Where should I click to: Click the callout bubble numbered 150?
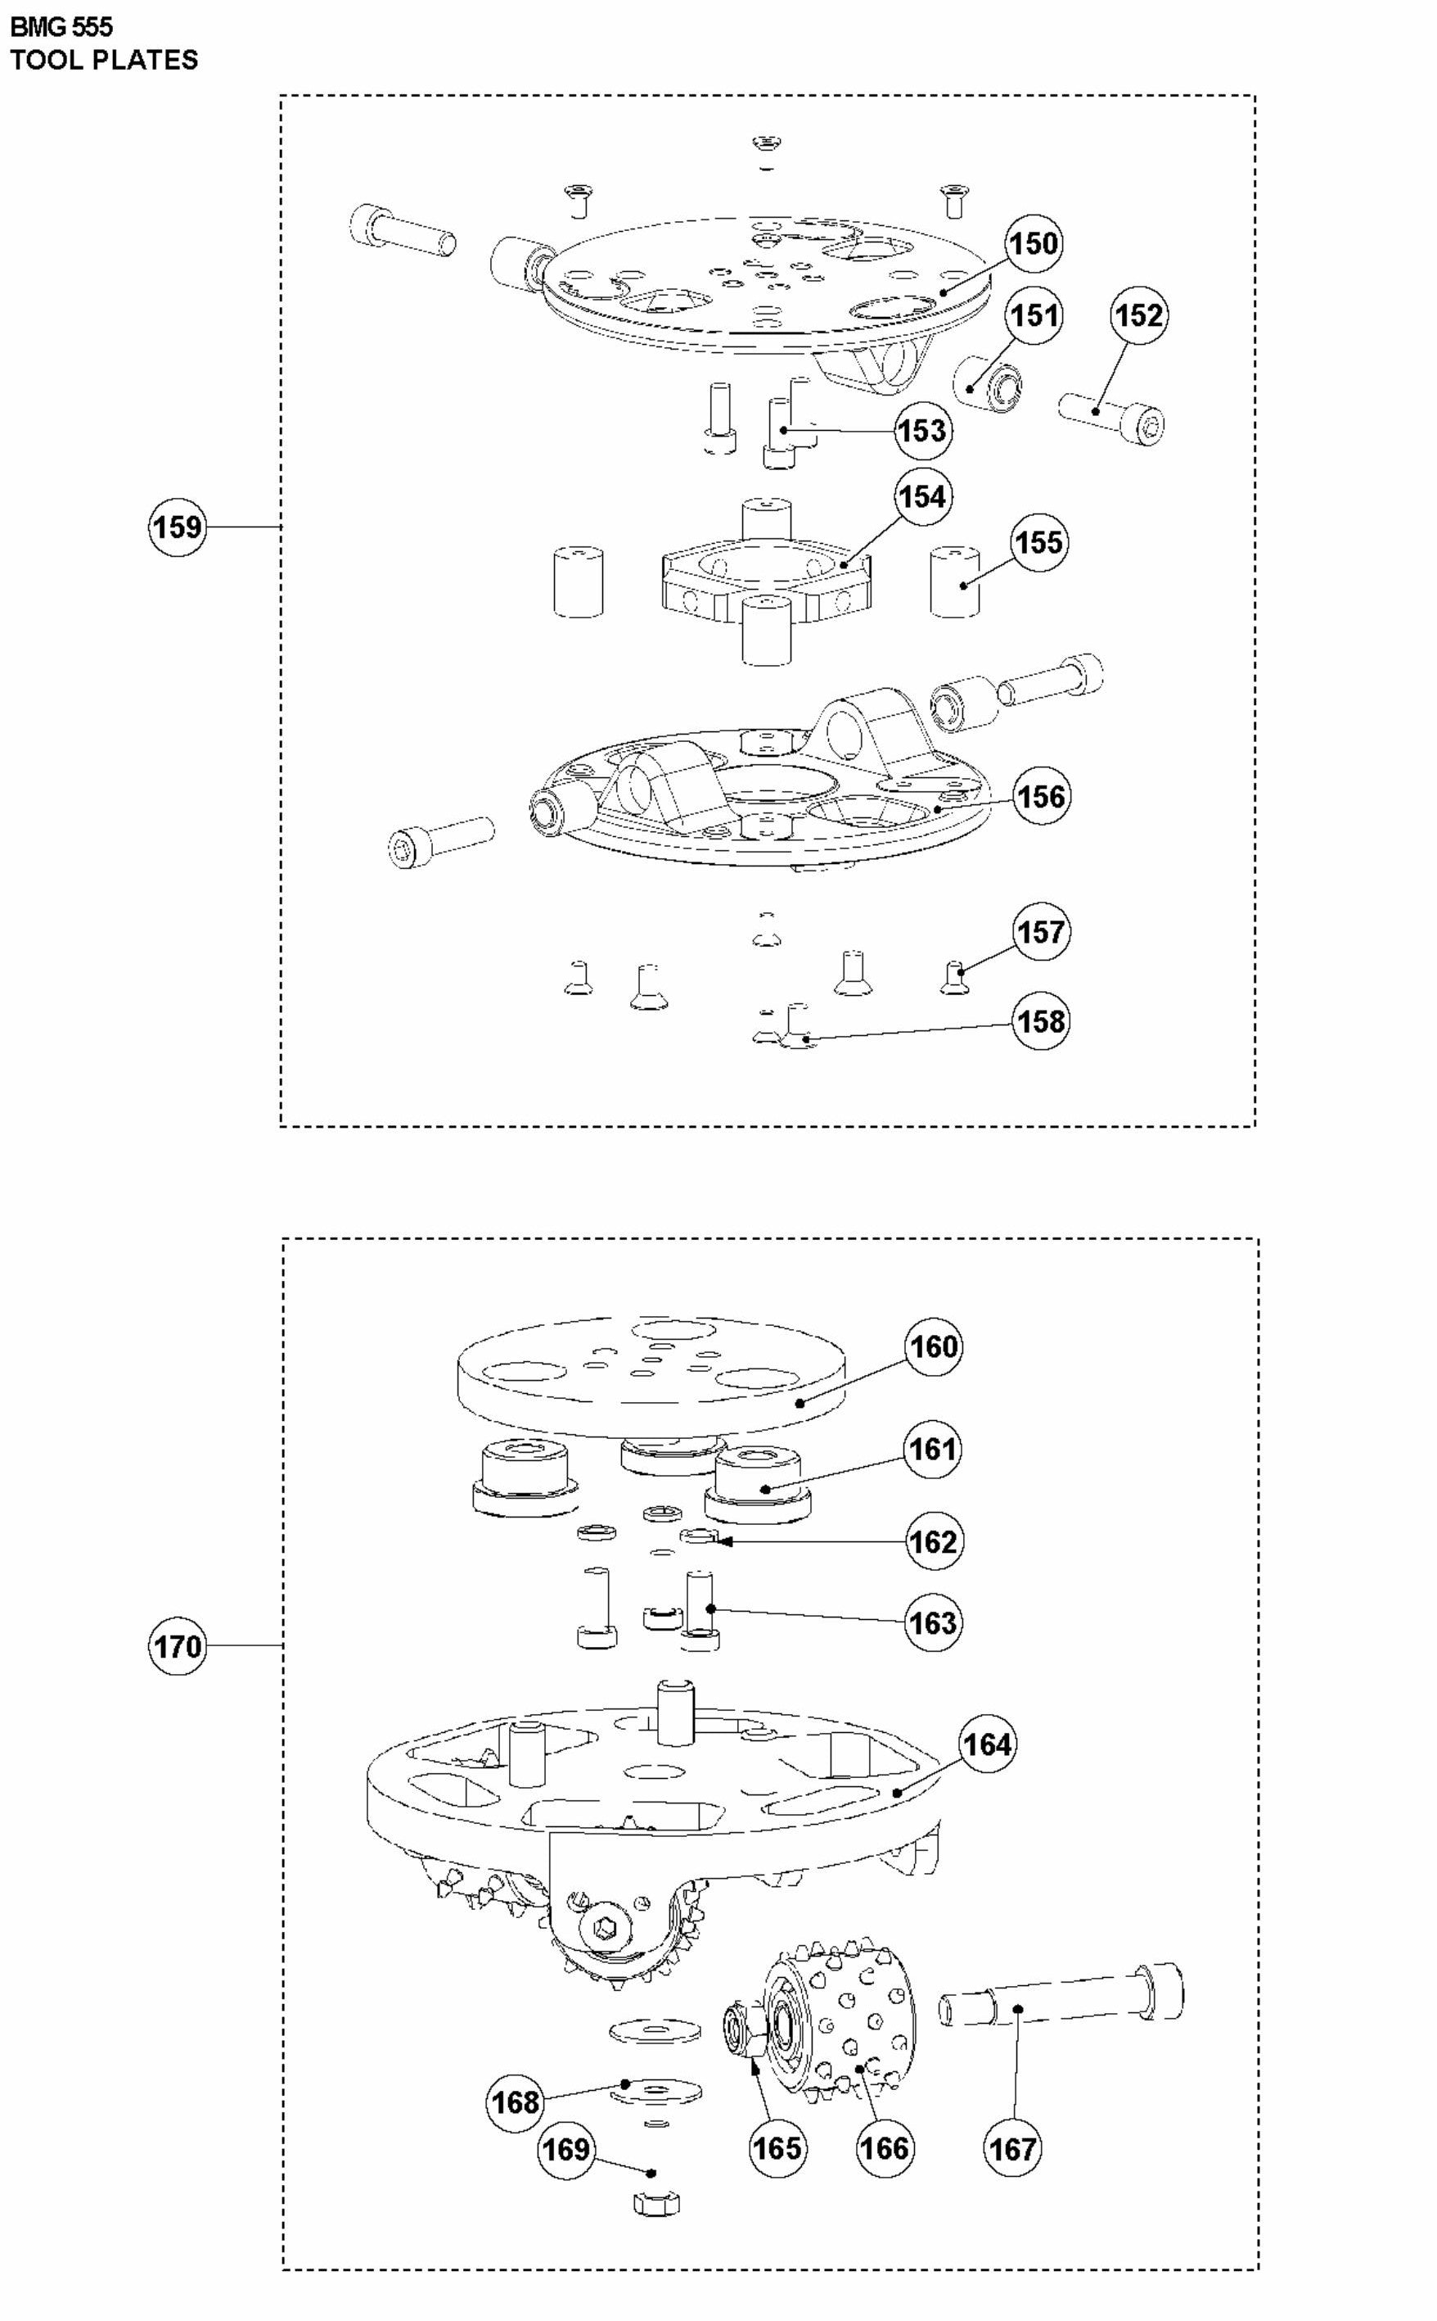pos(1033,243)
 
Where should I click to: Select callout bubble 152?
pos(1138,314)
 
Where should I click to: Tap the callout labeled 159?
pos(178,526)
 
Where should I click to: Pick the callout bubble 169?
pos(565,2149)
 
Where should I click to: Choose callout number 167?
pos(1012,2149)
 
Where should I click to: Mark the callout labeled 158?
pos(1042,1021)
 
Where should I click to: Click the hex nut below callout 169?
pos(655,2203)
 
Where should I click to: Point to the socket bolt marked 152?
pos(1112,418)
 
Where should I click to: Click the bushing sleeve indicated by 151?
pos(989,384)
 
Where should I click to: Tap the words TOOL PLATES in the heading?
pos(104,60)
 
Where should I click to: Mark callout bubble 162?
pos(932,1541)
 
